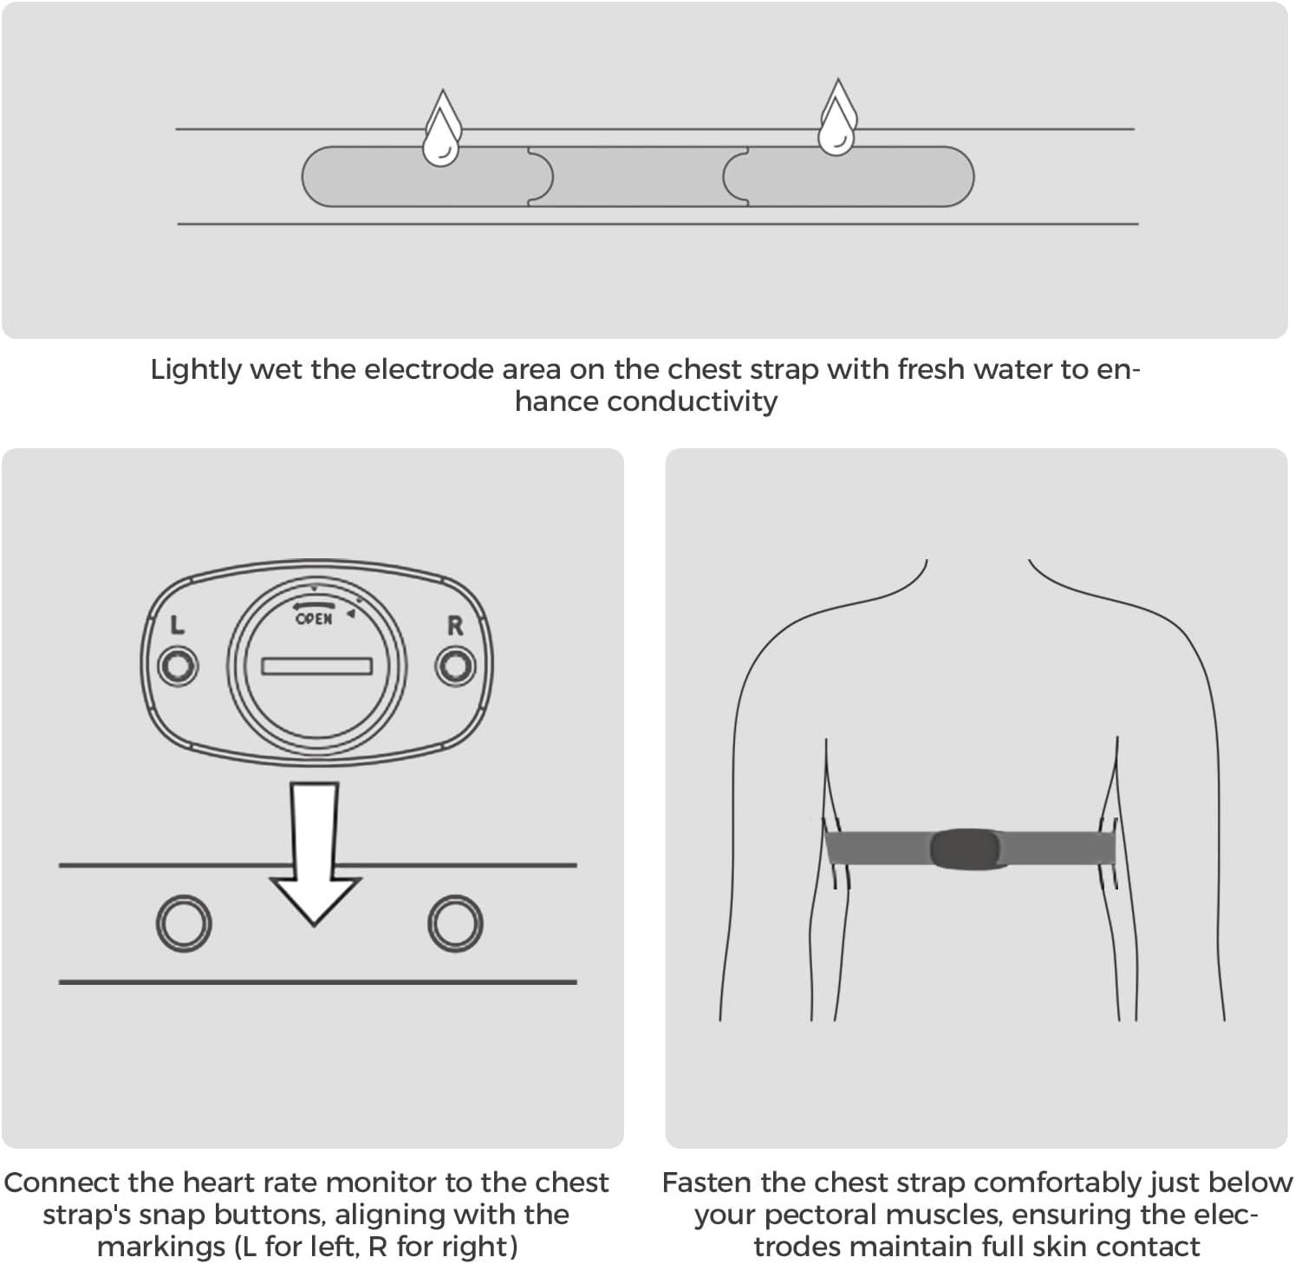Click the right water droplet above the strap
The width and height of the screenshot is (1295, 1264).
pyautogui.click(x=837, y=119)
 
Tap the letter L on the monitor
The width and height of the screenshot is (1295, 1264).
pyautogui.click(x=177, y=625)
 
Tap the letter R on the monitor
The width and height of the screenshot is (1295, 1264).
pyautogui.click(x=455, y=626)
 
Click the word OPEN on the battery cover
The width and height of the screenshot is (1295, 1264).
pyautogui.click(x=314, y=619)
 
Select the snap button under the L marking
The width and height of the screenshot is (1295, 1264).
pyautogui.click(x=179, y=666)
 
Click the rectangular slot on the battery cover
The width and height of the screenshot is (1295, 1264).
pyautogui.click(x=317, y=666)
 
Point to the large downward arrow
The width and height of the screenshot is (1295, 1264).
pyautogui.click(x=315, y=853)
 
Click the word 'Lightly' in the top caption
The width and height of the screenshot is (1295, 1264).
pyautogui.click(x=196, y=370)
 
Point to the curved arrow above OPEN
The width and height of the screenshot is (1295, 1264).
pyautogui.click(x=314, y=604)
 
